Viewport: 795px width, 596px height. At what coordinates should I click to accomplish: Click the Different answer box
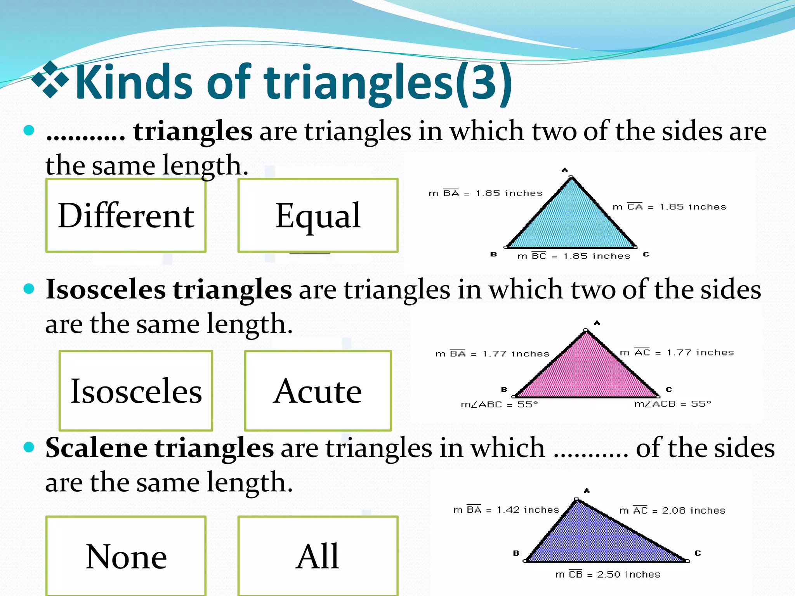[126, 215]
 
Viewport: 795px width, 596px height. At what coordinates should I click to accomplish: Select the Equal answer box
[318, 215]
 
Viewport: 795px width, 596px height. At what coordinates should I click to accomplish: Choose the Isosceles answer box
[136, 390]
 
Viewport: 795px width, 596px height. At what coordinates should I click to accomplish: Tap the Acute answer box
[318, 390]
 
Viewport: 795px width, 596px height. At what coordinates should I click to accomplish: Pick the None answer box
[126, 556]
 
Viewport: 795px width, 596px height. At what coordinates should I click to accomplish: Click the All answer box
[318, 556]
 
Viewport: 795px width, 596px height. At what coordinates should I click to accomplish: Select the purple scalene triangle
[598, 539]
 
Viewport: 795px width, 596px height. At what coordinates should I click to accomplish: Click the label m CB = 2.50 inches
[608, 574]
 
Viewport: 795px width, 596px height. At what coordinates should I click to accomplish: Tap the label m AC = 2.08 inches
[672, 510]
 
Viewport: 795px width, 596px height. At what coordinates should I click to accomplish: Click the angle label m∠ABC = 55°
[499, 404]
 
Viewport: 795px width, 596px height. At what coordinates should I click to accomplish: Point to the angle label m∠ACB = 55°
[672, 404]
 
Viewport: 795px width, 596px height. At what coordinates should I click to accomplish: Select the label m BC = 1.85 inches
[573, 256]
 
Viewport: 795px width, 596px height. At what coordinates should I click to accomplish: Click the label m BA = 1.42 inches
[506, 509]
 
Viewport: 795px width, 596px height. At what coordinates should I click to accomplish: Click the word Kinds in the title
[134, 82]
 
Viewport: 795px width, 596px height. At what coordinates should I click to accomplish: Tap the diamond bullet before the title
[50, 80]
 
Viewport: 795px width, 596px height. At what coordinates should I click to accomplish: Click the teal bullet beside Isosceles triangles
[29, 289]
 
